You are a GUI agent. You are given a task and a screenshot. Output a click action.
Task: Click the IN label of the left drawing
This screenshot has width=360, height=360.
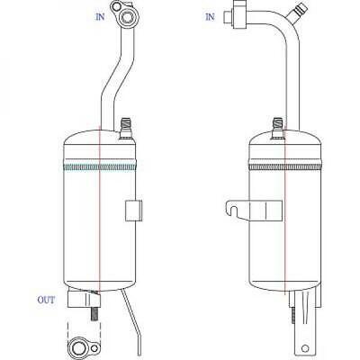(100, 17)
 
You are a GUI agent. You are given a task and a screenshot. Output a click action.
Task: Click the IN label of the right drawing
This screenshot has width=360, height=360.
(210, 17)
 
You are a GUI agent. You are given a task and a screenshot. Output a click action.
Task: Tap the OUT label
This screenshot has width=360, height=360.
(46, 300)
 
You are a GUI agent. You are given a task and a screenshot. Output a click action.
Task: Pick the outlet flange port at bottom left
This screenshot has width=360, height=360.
(79, 347)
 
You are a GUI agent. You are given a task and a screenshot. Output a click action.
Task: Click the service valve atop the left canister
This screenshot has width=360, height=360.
(126, 129)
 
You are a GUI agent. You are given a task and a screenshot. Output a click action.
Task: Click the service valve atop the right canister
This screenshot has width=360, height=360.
(278, 129)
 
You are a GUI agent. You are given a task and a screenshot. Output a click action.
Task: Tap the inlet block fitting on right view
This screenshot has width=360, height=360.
(235, 14)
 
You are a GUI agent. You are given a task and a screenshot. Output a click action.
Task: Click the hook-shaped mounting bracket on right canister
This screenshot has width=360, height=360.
(254, 210)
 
